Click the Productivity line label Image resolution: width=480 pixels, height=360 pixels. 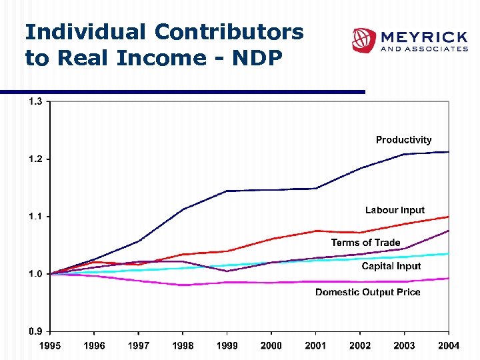[x=403, y=140]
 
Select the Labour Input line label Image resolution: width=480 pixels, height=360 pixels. [x=395, y=210]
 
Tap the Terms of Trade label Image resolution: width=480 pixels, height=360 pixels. [x=365, y=243]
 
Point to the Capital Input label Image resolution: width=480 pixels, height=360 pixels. [x=391, y=266]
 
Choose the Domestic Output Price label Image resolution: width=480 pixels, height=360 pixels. [x=367, y=292]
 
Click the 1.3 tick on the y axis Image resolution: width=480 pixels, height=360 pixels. [x=35, y=102]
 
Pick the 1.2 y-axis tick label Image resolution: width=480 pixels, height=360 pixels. [x=35, y=159]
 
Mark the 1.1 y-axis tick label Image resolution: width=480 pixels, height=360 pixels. [x=35, y=217]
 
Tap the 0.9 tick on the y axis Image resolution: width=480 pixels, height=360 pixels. [x=35, y=331]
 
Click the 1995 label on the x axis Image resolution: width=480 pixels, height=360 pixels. [x=50, y=345]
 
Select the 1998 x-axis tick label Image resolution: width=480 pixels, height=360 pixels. [x=183, y=345]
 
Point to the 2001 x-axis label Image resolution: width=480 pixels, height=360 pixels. [x=315, y=345]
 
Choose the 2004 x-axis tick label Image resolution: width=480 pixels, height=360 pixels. [x=448, y=345]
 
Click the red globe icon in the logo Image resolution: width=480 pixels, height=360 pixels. [x=364, y=40]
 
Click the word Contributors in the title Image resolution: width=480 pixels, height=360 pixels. [x=229, y=32]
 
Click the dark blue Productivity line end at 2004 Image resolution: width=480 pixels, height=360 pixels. [x=448, y=152]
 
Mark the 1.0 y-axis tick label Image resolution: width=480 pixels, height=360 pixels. [x=35, y=274]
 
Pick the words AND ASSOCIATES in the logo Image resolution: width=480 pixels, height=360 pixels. [x=423, y=49]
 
